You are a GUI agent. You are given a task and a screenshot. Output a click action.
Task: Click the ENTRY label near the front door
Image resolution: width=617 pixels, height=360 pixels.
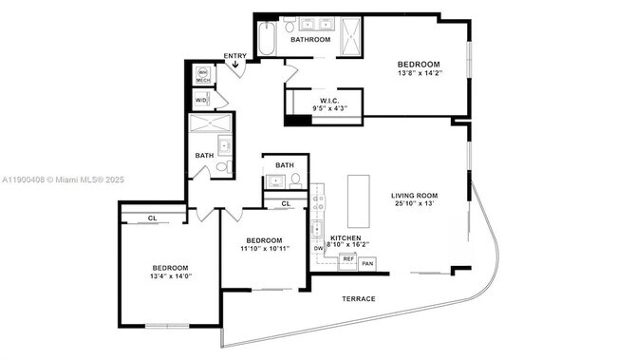coord(235,56)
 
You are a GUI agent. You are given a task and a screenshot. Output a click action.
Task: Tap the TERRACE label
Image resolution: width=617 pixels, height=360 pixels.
coord(359,299)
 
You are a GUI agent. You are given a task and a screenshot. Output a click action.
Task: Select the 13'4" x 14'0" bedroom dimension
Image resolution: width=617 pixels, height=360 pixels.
coord(170,277)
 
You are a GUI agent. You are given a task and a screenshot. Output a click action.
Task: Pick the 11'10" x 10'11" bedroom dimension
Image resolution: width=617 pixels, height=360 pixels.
coord(264,249)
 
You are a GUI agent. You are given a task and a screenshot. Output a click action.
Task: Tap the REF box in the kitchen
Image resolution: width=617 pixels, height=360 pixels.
coord(348,259)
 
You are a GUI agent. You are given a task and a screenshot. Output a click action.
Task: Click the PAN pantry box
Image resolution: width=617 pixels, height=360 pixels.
coord(367,262)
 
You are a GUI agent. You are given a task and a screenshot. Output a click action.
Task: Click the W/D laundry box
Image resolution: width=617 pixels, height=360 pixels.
coord(201,99)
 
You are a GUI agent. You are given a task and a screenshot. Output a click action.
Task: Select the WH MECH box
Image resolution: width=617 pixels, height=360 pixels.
coord(202,75)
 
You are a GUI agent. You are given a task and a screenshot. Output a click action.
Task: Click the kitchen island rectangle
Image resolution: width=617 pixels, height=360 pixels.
coord(359,197)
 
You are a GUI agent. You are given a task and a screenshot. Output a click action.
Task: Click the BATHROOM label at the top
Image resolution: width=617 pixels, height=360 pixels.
coord(310,40)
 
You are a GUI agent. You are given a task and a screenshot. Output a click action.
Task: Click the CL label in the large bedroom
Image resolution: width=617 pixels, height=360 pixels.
coord(152,218)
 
